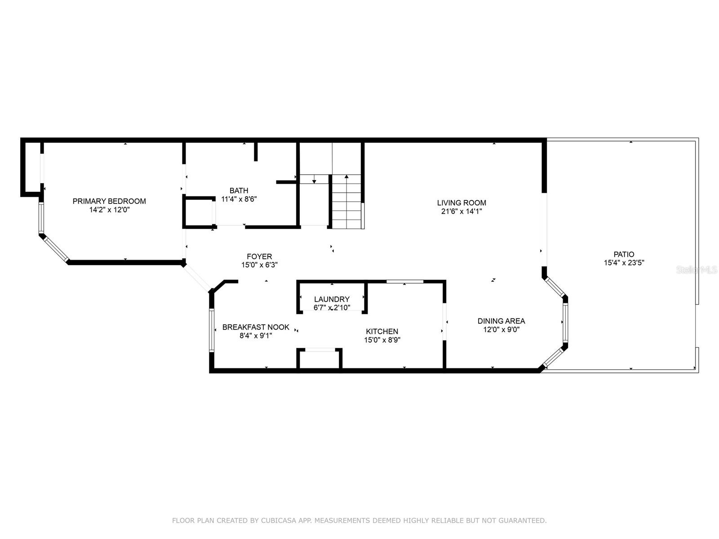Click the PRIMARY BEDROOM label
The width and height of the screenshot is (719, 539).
[x=109, y=201]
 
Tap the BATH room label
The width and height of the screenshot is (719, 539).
[x=239, y=190]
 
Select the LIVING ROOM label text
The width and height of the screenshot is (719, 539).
[x=462, y=203]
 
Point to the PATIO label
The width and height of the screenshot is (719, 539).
[x=624, y=254]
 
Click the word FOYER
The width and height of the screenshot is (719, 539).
[x=259, y=256]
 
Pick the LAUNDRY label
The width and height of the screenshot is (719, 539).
[x=332, y=299]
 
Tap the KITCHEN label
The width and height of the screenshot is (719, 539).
[x=382, y=331]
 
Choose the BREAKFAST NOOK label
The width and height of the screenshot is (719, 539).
[x=256, y=327]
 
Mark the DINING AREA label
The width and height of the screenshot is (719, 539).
[x=501, y=321]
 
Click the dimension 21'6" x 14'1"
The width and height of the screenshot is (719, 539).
[x=462, y=212]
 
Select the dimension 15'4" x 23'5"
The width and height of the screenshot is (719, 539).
[x=624, y=262]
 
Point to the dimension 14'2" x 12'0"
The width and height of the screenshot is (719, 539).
[x=109, y=209]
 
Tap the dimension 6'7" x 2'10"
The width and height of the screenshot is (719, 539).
[x=332, y=308]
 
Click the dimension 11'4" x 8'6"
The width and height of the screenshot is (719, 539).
[x=239, y=199]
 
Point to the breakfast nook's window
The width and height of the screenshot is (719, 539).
[x=212, y=330]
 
